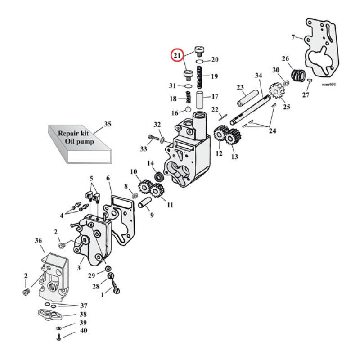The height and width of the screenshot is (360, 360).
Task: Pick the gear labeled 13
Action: [232, 137]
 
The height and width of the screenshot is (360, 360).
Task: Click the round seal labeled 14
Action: [158, 176]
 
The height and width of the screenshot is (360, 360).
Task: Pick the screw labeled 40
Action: [59, 338]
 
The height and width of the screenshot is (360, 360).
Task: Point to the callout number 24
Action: [274, 131]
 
